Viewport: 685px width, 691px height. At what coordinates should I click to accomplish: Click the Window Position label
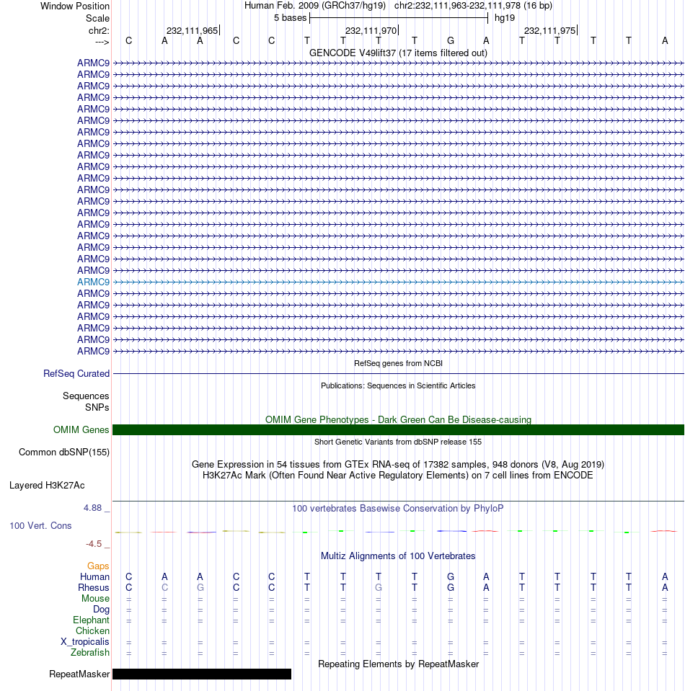pos(75,6)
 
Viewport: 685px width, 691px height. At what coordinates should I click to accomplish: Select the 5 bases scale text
pos(290,17)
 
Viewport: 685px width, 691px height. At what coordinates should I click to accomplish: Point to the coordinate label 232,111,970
pos(371,31)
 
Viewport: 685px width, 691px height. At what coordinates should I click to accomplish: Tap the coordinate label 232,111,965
pos(192,31)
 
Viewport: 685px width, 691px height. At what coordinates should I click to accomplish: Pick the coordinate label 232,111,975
pos(549,31)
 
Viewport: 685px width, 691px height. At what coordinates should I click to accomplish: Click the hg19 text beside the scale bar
pos(504,17)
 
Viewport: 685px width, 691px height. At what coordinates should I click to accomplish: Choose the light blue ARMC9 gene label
pos(94,282)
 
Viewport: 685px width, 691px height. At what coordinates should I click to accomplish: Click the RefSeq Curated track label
pos(76,374)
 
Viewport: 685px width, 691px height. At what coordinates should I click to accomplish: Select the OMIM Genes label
pos(81,430)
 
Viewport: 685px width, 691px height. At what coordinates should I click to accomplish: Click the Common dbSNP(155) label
pos(63,453)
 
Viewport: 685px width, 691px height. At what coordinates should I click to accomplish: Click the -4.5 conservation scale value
pos(95,544)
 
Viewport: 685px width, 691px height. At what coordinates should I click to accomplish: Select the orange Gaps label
pos(98,566)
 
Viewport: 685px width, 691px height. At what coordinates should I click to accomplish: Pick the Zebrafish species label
pos(90,653)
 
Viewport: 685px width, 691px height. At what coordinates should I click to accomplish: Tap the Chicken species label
pos(92,631)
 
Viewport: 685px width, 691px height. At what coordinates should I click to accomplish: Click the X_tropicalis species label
pos(85,642)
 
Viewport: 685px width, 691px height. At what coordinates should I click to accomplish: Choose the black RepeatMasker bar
pos(202,674)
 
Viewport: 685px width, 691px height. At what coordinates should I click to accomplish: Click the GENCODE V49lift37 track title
pos(398,53)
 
